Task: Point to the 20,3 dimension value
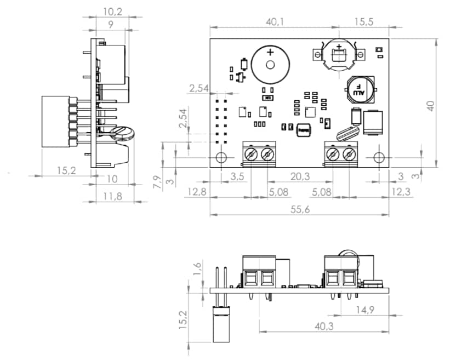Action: pyautogui.click(x=300, y=176)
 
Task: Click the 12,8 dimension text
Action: pyautogui.click(x=196, y=192)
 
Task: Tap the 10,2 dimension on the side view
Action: pyautogui.click(x=112, y=10)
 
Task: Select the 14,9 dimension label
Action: pyautogui.click(x=364, y=310)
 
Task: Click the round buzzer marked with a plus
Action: pyautogui.click(x=270, y=64)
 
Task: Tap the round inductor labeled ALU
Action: pyautogui.click(x=359, y=90)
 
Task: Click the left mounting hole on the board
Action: pyautogui.click(x=221, y=157)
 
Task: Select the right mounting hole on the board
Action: pyautogui.click(x=378, y=157)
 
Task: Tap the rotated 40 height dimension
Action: pyautogui.click(x=431, y=105)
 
